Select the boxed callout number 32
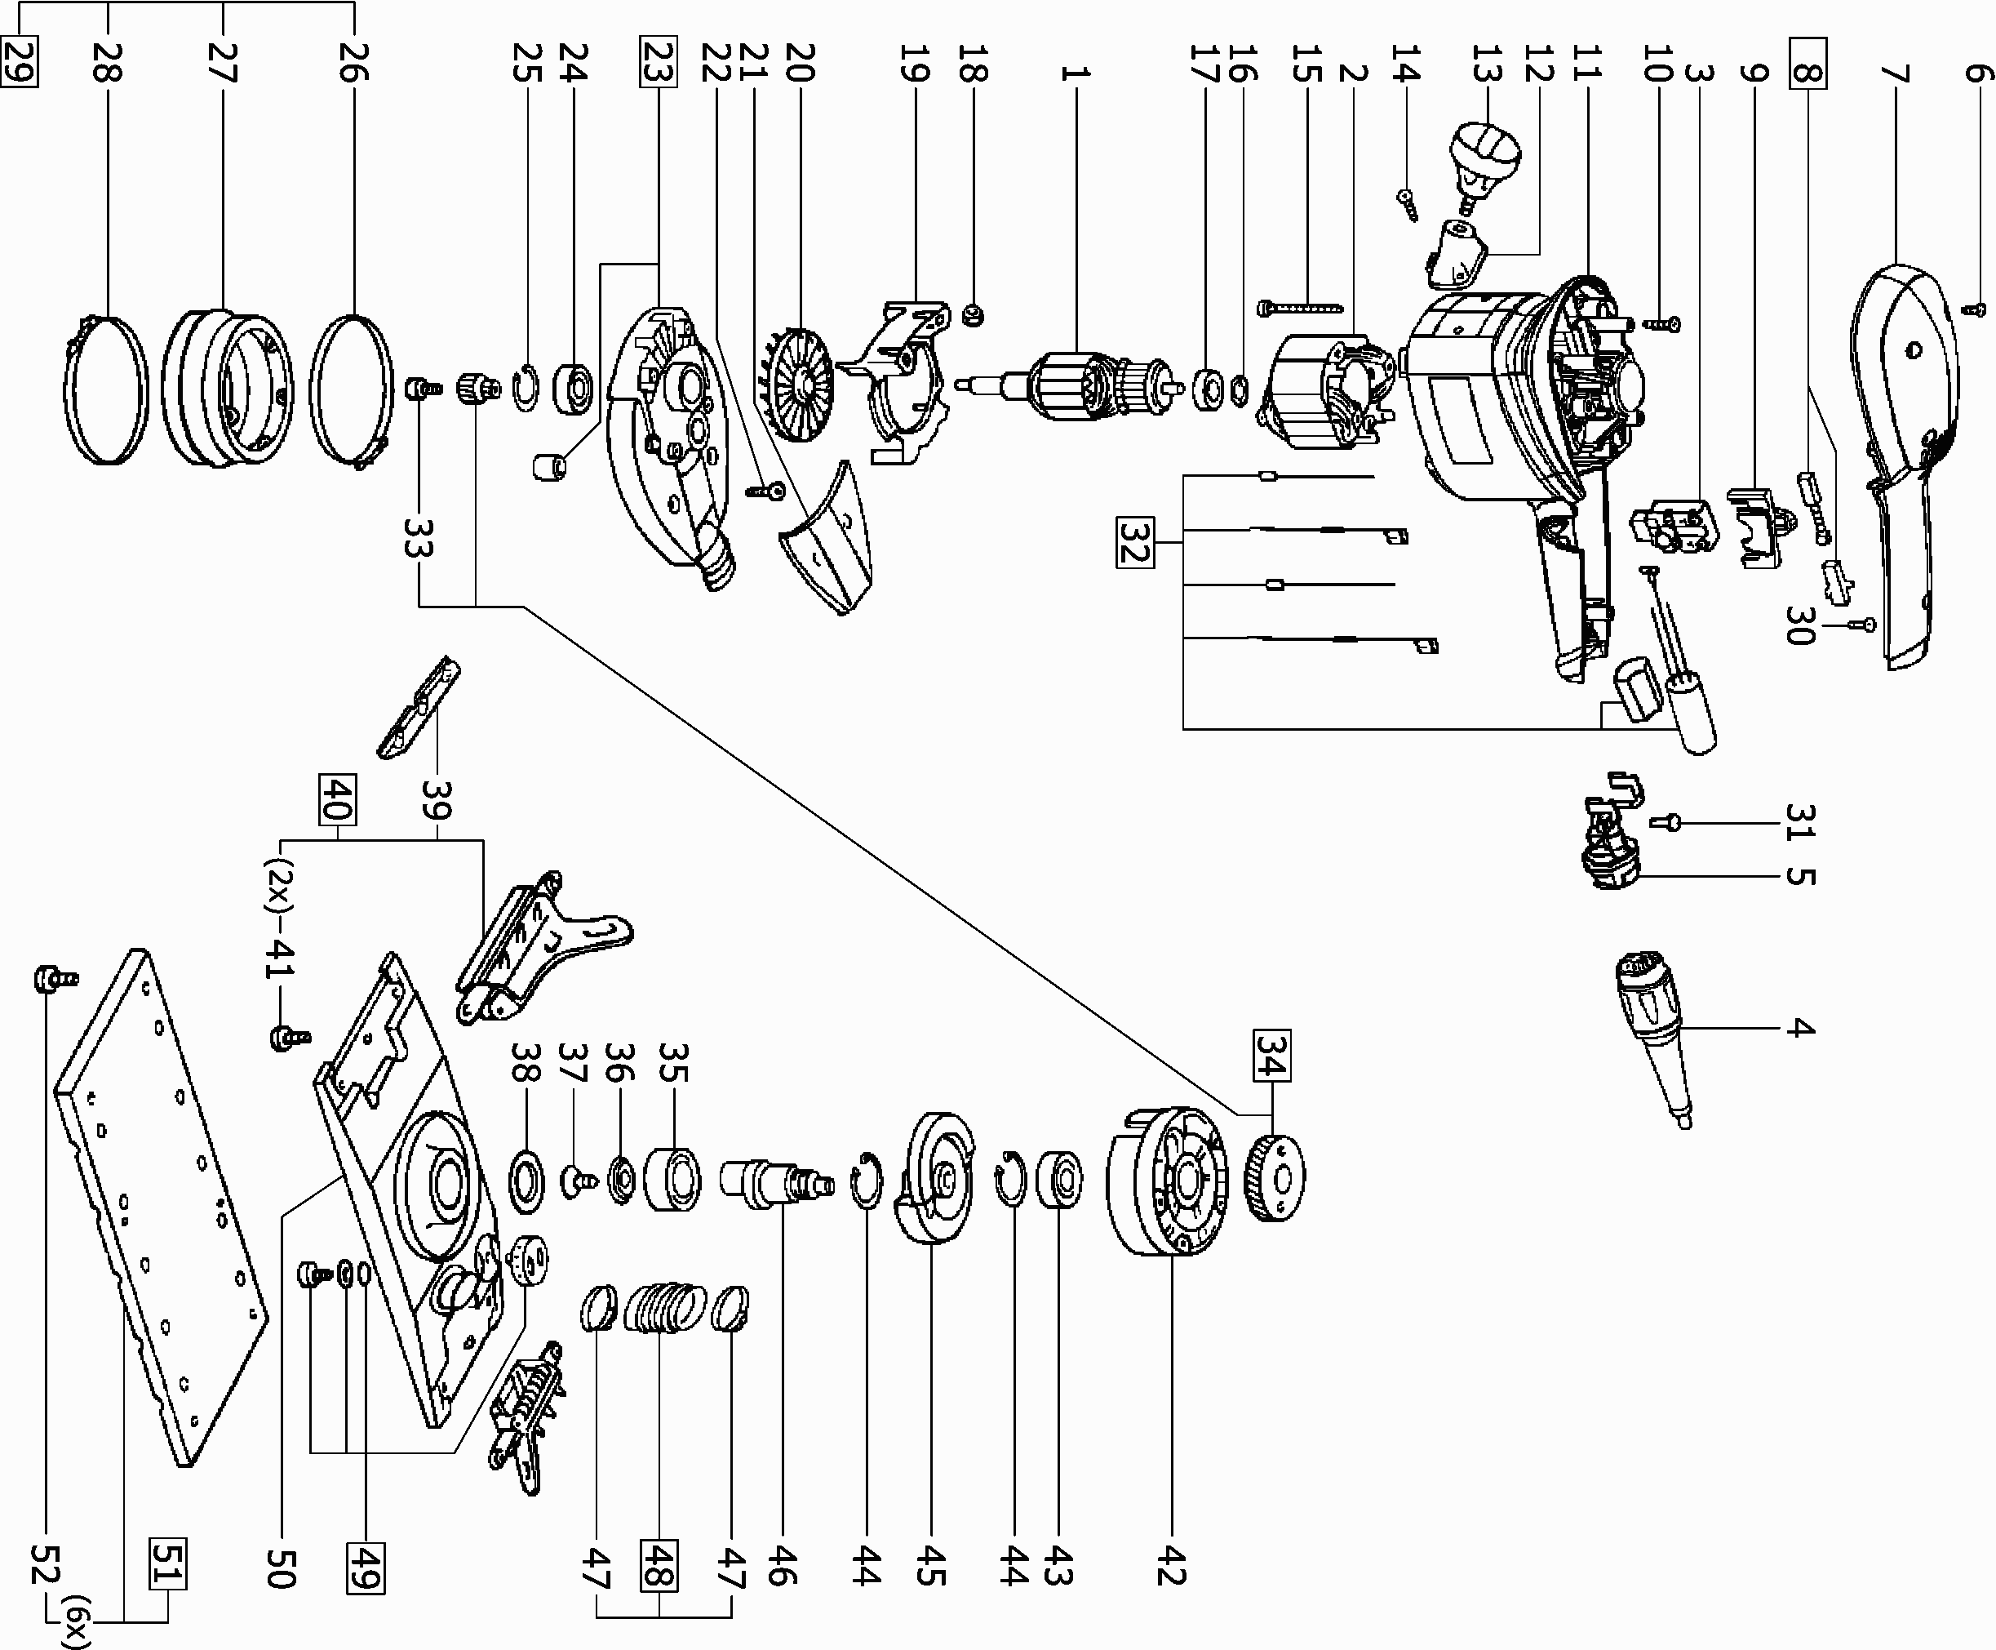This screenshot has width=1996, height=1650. (x=1133, y=542)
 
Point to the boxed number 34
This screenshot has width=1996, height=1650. (x=1271, y=1055)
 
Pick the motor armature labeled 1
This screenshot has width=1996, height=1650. (x=1083, y=385)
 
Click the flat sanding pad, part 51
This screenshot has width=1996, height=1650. (x=162, y=1207)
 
